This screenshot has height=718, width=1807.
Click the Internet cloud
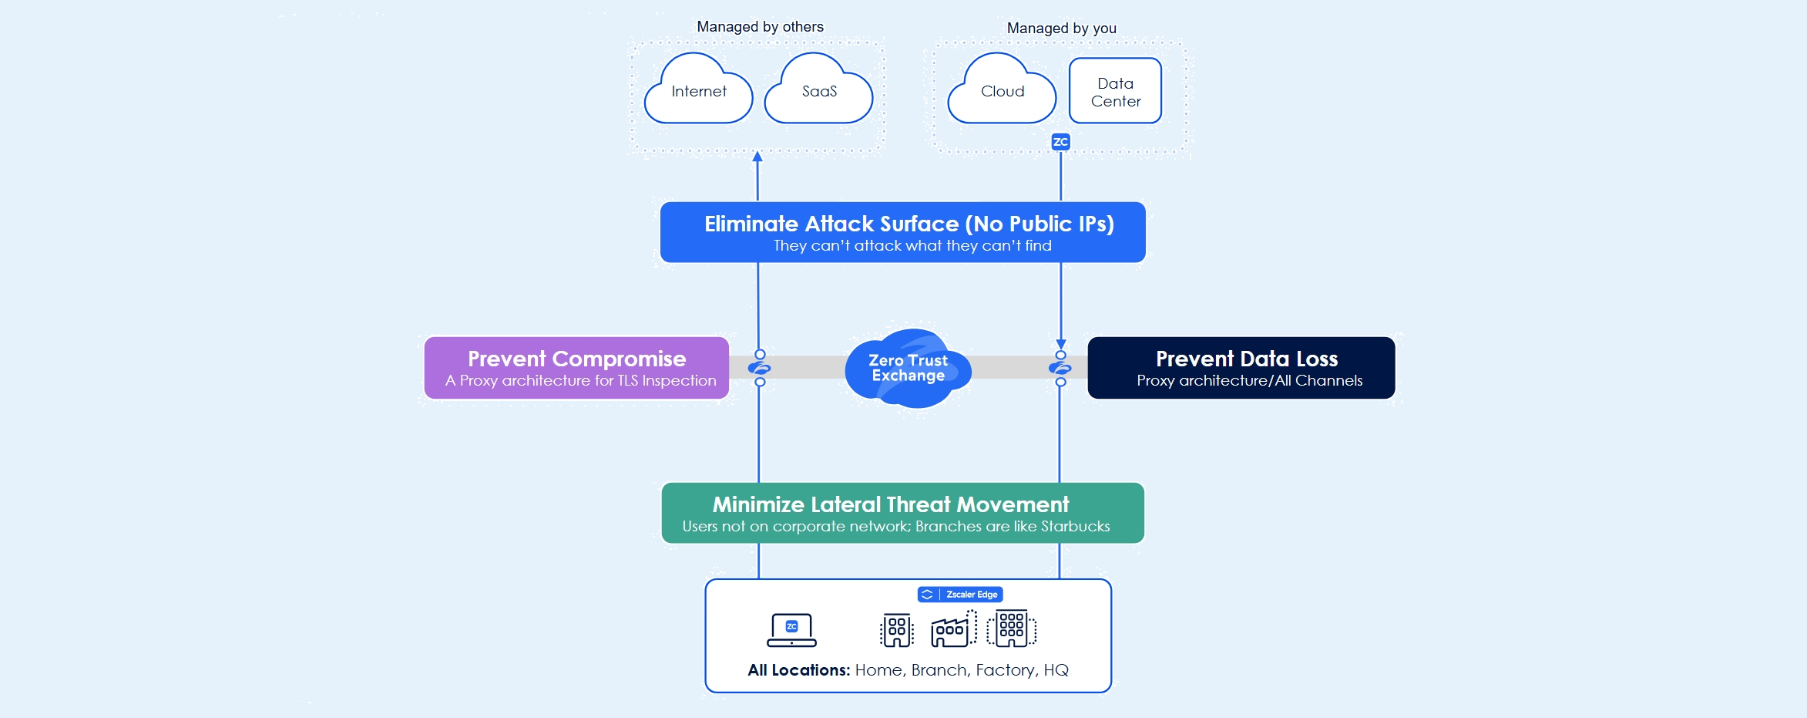click(698, 92)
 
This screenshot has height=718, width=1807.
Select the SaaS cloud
click(818, 92)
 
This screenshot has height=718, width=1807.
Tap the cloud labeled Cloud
click(1002, 92)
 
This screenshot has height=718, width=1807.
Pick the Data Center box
click(1115, 91)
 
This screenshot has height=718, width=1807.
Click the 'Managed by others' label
click(760, 27)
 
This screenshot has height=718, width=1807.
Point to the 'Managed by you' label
click(1061, 29)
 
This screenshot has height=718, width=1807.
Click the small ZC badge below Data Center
click(1060, 142)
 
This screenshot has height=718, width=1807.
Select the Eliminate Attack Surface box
click(902, 232)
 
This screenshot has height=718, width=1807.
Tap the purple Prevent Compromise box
click(576, 368)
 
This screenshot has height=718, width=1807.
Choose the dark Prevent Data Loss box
click(1241, 368)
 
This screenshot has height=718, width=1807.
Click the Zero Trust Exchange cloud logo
click(908, 368)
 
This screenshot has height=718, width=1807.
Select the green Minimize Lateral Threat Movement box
click(902, 513)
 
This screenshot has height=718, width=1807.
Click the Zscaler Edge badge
click(960, 595)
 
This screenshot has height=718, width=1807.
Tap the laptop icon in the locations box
click(791, 630)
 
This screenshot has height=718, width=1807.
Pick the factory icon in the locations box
click(953, 629)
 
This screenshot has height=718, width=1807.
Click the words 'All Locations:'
click(798, 670)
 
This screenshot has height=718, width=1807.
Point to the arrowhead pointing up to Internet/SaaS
click(757, 157)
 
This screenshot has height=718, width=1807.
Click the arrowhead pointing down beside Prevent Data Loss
click(1061, 344)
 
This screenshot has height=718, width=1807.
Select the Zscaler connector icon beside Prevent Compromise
click(760, 368)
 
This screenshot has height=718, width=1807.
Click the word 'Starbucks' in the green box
click(1075, 527)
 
